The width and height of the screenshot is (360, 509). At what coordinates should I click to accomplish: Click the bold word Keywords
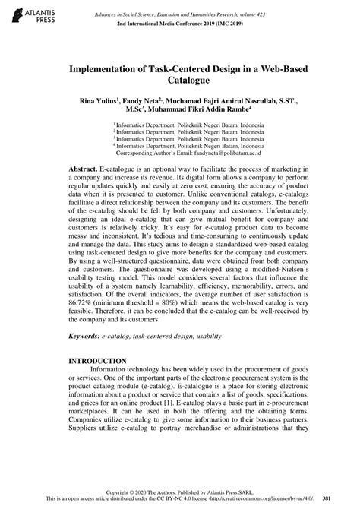click(87, 335)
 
